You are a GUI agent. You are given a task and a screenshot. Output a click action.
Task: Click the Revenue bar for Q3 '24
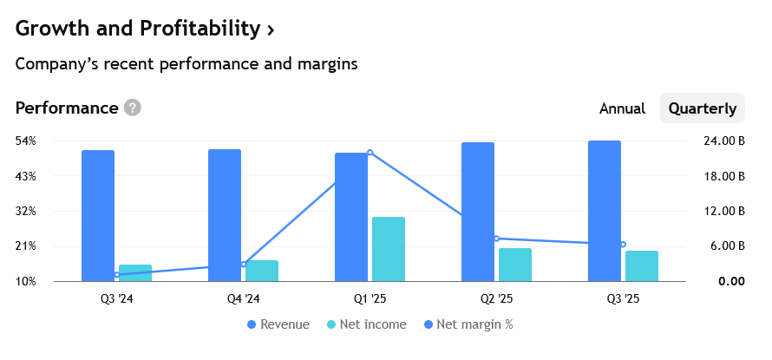(98, 215)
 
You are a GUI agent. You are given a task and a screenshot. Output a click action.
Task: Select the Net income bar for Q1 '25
(389, 249)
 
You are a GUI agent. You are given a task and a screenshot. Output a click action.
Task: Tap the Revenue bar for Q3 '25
(605, 211)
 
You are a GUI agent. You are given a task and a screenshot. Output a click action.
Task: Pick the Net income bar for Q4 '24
(262, 271)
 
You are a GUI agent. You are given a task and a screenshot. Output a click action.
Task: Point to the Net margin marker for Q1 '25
(370, 153)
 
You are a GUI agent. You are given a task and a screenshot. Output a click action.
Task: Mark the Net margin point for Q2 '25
(496, 238)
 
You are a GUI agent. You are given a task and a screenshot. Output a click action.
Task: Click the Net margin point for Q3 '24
(117, 275)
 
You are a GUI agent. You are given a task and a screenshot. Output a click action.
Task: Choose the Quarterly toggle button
(703, 108)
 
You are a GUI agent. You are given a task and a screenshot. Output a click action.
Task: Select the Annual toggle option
(622, 108)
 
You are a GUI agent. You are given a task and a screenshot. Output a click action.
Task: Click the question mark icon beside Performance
(132, 108)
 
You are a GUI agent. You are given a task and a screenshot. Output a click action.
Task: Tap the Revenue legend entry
(278, 324)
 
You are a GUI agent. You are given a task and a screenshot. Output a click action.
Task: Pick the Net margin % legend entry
(468, 324)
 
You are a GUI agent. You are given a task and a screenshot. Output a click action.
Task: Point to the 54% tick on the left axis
(26, 141)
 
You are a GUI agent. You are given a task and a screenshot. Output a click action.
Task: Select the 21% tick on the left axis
(26, 245)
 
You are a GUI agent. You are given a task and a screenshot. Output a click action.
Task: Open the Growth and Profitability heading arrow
(271, 30)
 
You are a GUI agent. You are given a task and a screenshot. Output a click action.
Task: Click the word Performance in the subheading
(67, 108)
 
